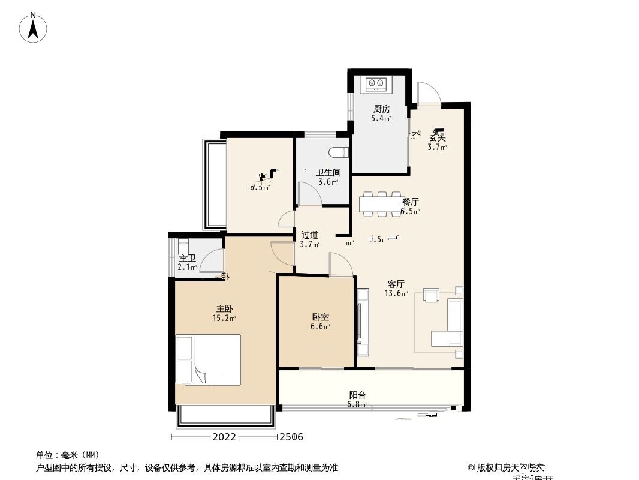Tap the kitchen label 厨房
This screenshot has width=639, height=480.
pos(381,109)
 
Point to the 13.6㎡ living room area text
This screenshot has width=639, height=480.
pos(396,294)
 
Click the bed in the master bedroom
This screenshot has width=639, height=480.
pos(208,359)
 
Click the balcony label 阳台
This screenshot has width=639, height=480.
pos(357,395)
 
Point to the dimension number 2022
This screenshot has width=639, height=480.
pos(224,437)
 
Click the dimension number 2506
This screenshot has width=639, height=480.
pos(291,437)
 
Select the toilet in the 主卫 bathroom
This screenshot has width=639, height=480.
pos(183,247)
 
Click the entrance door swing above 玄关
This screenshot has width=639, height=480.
pos(429,93)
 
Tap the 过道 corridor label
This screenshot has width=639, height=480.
pos(309,235)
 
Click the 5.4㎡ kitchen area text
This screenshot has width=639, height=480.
pos(381,119)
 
